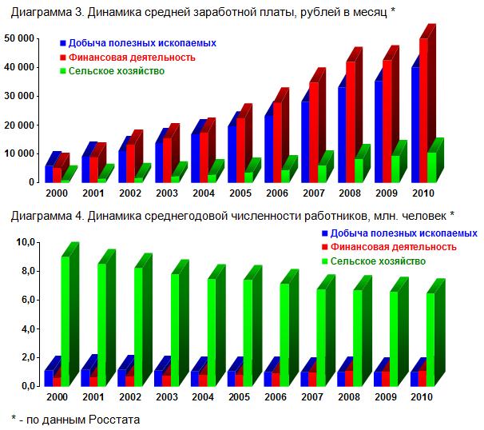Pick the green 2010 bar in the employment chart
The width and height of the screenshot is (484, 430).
pyautogui.click(x=430, y=340)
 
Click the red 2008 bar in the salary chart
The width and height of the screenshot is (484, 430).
pyautogui.click(x=349, y=120)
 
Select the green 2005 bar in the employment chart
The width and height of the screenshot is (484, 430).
pyautogui.click(x=248, y=332)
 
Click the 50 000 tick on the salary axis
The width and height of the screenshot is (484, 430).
pyautogui.click(x=18, y=38)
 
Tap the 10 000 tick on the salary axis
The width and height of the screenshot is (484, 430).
pyautogui.click(x=18, y=153)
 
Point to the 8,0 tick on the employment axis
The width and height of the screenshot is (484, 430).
pyautogui.click(x=26, y=271)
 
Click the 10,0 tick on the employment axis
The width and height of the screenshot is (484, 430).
pyautogui.click(x=24, y=242)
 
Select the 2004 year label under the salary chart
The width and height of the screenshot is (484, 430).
pyautogui.click(x=203, y=194)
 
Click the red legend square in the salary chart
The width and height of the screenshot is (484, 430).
pyautogui.click(x=62, y=58)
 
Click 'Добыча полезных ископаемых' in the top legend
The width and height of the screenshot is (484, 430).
pyautogui.click(x=141, y=43)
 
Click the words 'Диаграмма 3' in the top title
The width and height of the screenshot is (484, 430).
pyautogui.click(x=41, y=11)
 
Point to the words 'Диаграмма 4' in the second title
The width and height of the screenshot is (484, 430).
pyautogui.click(x=41, y=215)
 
